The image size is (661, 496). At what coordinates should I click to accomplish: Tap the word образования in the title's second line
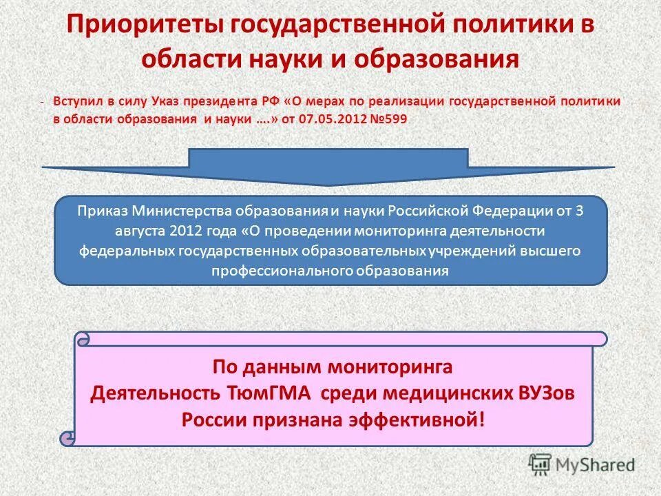435,59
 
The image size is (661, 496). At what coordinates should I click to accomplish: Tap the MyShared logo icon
541,464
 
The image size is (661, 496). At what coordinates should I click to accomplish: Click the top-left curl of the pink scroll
83,339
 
